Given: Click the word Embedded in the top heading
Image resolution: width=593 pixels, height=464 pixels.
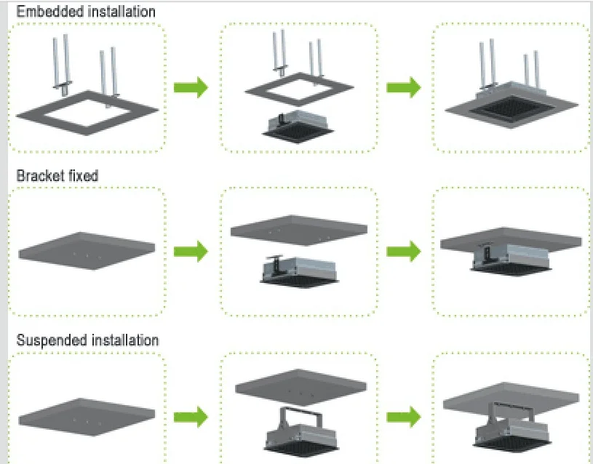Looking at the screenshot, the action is pyautogui.click(x=45, y=12).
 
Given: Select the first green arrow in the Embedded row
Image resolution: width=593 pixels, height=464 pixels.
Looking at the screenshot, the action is pyautogui.click(x=191, y=87).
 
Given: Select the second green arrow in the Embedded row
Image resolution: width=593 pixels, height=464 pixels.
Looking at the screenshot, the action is pyautogui.click(x=404, y=87).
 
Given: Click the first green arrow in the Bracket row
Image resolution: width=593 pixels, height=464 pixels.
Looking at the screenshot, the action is pyautogui.click(x=191, y=252).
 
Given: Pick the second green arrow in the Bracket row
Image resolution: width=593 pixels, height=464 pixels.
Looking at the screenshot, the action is pyautogui.click(x=404, y=252).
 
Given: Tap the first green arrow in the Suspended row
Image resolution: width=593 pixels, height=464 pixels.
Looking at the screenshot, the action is pyautogui.click(x=191, y=417).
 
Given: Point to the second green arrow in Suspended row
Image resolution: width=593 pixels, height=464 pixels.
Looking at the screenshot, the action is pyautogui.click(x=404, y=417).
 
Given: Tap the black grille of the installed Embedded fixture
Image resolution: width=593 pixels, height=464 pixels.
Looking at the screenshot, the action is pyautogui.click(x=512, y=108).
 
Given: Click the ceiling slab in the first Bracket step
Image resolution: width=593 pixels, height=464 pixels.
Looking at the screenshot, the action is pyautogui.click(x=87, y=250).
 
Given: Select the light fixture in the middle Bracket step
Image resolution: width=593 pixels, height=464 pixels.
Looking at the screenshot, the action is pyautogui.click(x=299, y=271).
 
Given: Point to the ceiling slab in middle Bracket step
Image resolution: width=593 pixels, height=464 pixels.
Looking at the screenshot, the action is pyautogui.click(x=299, y=230).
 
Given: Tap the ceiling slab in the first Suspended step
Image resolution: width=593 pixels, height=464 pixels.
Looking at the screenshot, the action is pyautogui.click(x=87, y=417).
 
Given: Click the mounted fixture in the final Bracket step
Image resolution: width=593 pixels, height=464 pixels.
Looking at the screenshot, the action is pyautogui.click(x=511, y=258).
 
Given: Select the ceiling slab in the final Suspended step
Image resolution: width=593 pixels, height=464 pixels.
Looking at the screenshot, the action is pyautogui.click(x=511, y=398).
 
